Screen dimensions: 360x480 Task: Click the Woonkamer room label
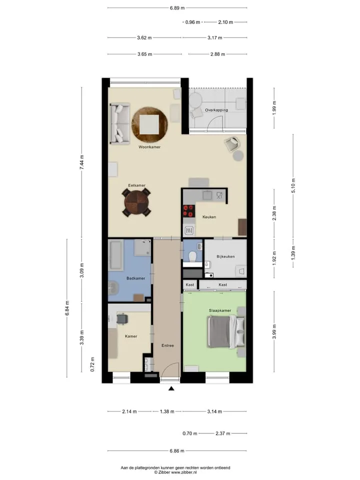tap(149, 147)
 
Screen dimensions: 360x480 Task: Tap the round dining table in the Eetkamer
tap(136, 202)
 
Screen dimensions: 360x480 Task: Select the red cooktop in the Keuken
tap(189, 211)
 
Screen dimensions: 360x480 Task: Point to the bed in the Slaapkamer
tap(226, 332)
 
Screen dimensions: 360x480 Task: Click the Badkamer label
tap(135, 278)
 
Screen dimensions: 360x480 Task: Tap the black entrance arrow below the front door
tap(171, 388)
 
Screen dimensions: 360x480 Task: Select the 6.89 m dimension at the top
tap(177, 8)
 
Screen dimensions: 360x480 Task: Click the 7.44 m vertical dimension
tap(81, 162)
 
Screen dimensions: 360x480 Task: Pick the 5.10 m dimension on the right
tap(293, 185)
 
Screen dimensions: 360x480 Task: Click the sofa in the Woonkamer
tap(120, 123)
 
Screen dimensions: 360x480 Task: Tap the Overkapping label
tap(216, 110)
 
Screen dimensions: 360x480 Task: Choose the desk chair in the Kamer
tap(122, 318)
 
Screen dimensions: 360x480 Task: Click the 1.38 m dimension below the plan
tap(167, 411)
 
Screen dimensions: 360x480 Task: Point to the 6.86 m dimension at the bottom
tap(177, 450)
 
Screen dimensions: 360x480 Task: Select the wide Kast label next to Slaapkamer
tap(223, 284)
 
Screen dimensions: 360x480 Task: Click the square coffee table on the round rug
tap(149, 124)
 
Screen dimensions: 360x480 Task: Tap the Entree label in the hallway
tap(168, 345)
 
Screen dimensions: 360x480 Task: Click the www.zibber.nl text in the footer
tap(183, 472)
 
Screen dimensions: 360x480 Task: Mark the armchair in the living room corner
tap(231, 144)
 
